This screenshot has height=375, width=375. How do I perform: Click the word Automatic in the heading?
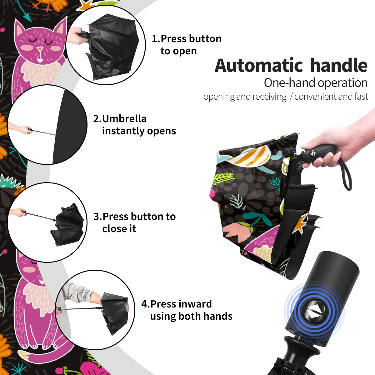(x=259, y=66)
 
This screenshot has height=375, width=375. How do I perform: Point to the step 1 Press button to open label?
(x=187, y=45)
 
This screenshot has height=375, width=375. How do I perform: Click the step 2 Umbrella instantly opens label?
(x=134, y=125)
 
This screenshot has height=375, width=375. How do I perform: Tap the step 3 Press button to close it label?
(x=134, y=222)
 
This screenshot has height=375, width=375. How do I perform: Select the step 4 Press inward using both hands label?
(x=187, y=310)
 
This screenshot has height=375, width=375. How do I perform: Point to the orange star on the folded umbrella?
(x=301, y=223)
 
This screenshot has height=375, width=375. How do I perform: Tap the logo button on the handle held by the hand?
(x=312, y=153)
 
